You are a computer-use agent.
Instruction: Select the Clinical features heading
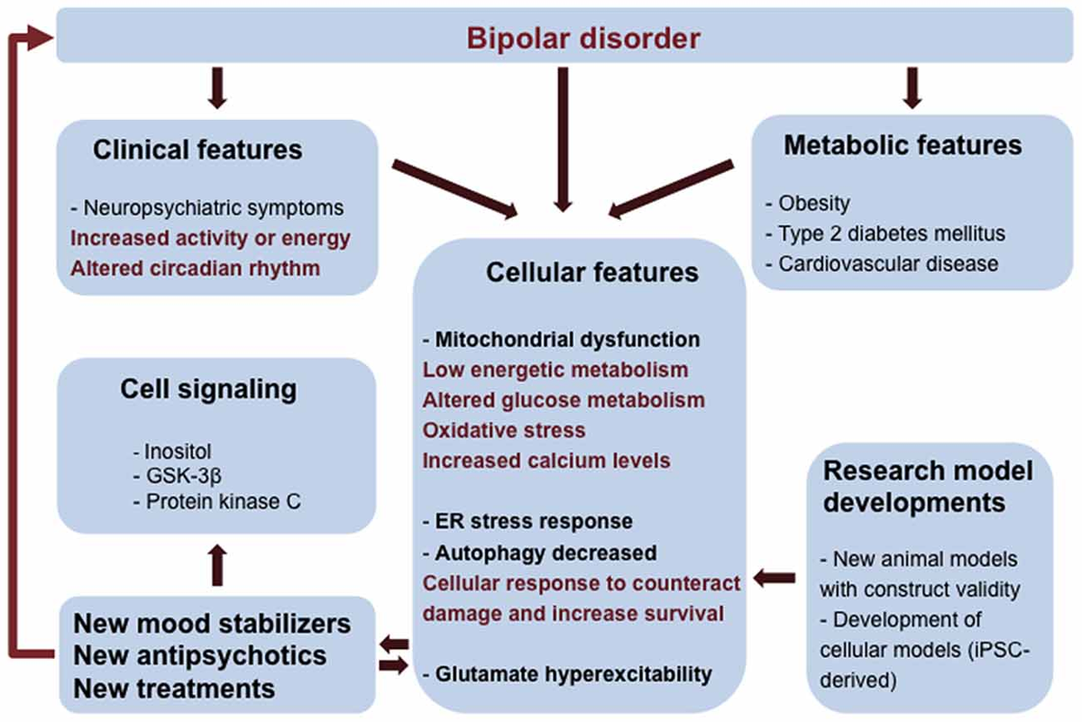pyautogui.click(x=197, y=149)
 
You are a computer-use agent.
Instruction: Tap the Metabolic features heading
pyautogui.click(x=903, y=144)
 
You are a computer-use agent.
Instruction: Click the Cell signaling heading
pyautogui.click(x=208, y=389)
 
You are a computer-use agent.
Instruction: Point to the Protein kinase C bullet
pyautogui.click(x=216, y=501)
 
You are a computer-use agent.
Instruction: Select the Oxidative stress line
pyautogui.click(x=504, y=429)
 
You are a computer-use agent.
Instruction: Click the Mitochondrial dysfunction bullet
pyautogui.click(x=561, y=340)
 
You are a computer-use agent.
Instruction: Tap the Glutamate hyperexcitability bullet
pyautogui.click(x=567, y=672)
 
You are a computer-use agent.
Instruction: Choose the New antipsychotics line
pyautogui.click(x=200, y=655)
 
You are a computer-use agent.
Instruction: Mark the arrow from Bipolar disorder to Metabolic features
pyautogui.click(x=913, y=87)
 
